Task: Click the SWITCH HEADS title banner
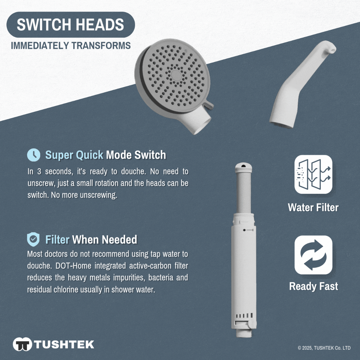(x=71, y=24)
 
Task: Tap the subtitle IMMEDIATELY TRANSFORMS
(x=71, y=45)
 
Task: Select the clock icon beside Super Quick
(x=33, y=155)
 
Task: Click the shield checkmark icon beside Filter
(x=33, y=239)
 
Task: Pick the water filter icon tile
(x=313, y=174)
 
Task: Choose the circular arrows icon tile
(x=313, y=255)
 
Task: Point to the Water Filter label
(x=313, y=207)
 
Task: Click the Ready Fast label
(x=313, y=286)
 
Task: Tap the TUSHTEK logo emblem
(x=22, y=344)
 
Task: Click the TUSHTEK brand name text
(x=64, y=344)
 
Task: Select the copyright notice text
(x=324, y=348)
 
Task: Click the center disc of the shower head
(x=176, y=75)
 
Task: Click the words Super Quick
(x=74, y=155)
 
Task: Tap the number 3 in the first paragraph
(x=39, y=171)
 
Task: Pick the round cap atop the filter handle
(x=244, y=167)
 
